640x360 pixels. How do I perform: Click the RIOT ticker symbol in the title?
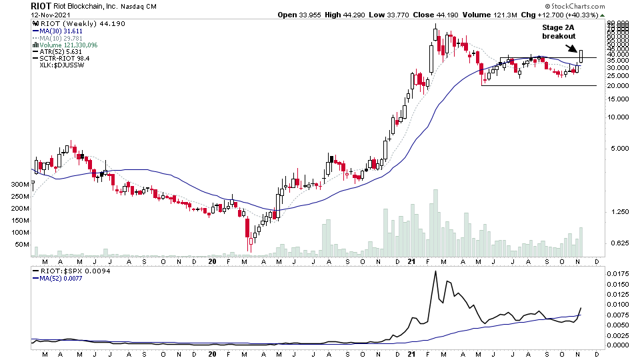(x=40, y=5)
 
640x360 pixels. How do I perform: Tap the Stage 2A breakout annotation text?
(x=558, y=31)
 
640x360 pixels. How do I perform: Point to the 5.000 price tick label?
(x=619, y=149)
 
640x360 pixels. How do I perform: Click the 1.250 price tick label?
(x=619, y=211)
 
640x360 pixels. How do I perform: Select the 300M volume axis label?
(x=21, y=184)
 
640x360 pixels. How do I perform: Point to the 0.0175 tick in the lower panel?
(x=621, y=273)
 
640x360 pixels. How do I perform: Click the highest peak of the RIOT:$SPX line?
(x=436, y=271)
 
